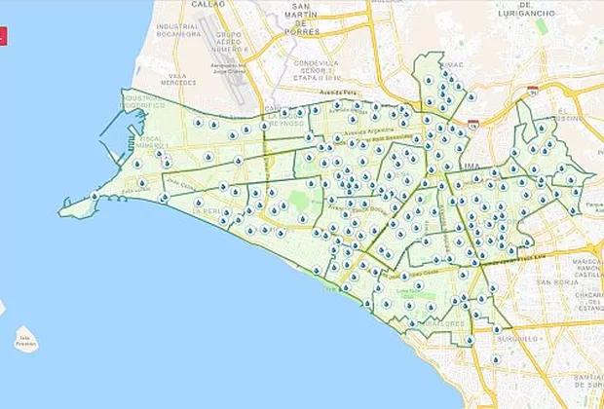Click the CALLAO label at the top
[208, 4]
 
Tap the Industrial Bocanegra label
[177, 29]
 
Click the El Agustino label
[569, 118]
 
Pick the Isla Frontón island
[26, 342]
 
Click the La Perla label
[204, 210]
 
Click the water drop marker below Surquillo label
[497, 359]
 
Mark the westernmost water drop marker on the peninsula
[94, 197]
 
